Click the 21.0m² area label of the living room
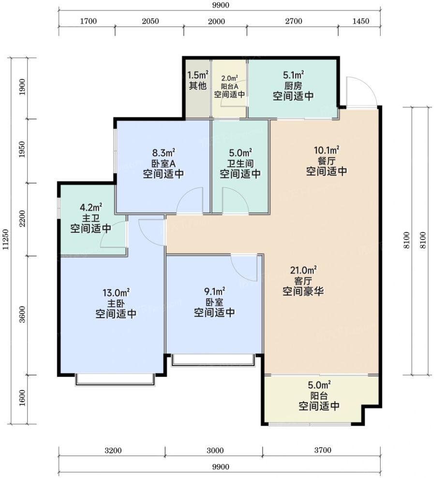click(x=303, y=270)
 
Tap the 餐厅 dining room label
click(x=326, y=160)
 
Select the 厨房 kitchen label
click(x=293, y=86)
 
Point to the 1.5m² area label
click(x=197, y=75)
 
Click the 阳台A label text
click(x=229, y=87)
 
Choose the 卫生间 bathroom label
click(x=240, y=163)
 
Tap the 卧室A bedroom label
click(x=163, y=163)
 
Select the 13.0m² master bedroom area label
click(x=116, y=293)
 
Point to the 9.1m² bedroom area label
click(x=214, y=291)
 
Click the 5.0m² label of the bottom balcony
click(x=319, y=385)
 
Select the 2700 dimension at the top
click(x=294, y=21)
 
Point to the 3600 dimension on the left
click(x=22, y=315)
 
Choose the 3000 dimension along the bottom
click(x=215, y=450)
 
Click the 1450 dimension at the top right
click(x=360, y=21)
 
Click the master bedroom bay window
click(x=115, y=380)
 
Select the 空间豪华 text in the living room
click(x=303, y=291)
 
